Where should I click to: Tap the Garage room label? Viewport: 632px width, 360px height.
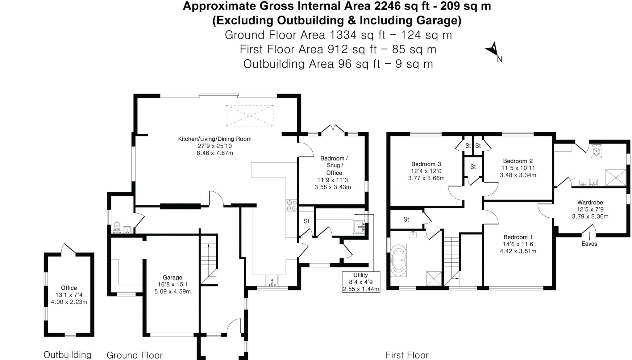[x=173, y=277]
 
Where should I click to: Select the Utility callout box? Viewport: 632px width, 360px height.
[x=361, y=282]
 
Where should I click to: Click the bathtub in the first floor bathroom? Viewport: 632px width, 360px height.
[x=398, y=260]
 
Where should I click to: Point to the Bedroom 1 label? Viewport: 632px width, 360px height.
[x=518, y=237]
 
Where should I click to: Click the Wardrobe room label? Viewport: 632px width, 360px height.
[x=590, y=203]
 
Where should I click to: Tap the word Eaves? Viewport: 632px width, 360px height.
[x=589, y=244]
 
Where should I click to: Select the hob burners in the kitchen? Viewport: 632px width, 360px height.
[x=292, y=206]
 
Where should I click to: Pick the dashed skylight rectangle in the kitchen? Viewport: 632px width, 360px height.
[x=249, y=116]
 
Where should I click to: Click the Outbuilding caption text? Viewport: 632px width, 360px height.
[x=67, y=355]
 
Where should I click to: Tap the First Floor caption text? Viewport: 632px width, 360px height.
[x=407, y=355]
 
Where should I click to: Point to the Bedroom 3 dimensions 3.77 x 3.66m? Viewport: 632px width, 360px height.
[x=426, y=178]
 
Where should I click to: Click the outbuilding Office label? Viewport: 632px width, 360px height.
[x=69, y=288]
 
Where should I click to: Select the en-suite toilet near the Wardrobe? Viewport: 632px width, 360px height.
[x=596, y=150]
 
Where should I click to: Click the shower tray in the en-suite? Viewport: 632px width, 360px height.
[x=615, y=178]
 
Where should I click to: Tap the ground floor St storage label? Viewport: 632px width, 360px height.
[x=306, y=221]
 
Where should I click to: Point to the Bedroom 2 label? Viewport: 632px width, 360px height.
[x=518, y=161]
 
